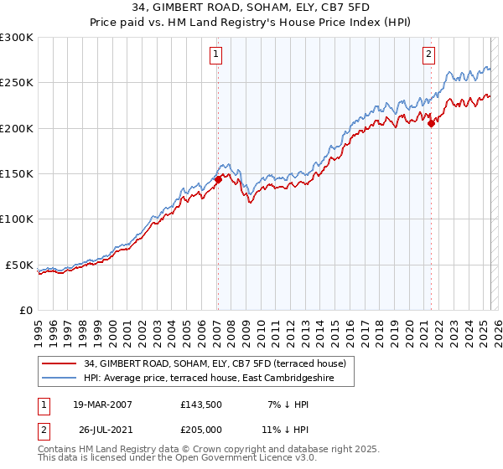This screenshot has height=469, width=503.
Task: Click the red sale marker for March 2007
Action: coord(218,178)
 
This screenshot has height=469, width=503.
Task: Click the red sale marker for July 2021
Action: coord(431,123)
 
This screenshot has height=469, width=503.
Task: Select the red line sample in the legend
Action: coord(60,363)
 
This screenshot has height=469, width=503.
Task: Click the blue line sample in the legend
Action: coord(60,379)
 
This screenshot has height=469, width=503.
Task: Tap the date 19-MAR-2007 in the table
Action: coord(102,405)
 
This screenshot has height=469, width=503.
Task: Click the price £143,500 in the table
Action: coord(201,405)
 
